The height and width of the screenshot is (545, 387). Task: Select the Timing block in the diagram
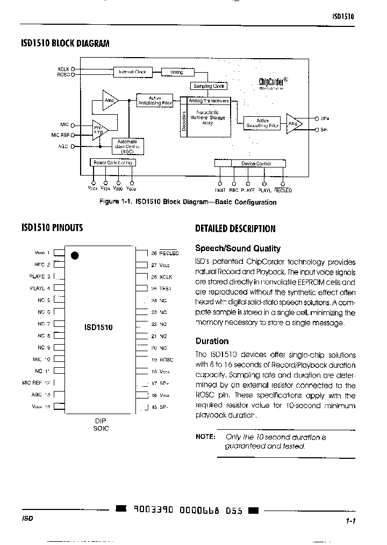[176, 72]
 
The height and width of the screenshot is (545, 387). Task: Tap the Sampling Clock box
[209, 86]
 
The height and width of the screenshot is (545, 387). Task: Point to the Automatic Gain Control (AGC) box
[128, 146]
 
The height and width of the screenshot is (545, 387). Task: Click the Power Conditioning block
[112, 163]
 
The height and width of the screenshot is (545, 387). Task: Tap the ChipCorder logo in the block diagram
[273, 82]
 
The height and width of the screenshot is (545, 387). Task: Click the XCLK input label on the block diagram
[63, 69]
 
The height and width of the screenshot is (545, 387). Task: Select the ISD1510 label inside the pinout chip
[98, 326]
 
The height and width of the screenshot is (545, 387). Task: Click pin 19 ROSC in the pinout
[163, 360]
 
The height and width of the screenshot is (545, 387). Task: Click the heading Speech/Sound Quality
[238, 248]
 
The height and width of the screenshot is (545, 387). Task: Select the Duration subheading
[212, 341]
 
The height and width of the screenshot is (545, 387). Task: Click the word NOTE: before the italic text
[205, 437]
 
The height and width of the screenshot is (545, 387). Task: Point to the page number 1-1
[352, 521]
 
